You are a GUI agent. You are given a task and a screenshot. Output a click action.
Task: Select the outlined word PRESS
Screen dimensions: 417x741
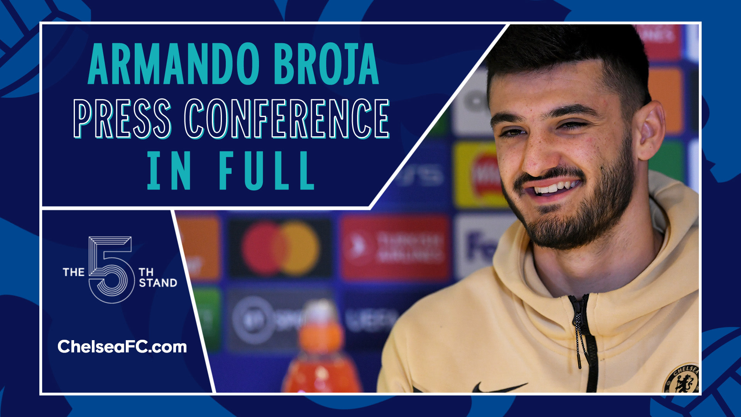[x=122, y=119]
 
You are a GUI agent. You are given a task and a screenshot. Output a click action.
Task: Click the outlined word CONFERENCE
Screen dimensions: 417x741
[x=287, y=119]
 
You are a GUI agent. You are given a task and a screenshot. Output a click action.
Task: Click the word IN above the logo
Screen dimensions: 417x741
[x=169, y=170]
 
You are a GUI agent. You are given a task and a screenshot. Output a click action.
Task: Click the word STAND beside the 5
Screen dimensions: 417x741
[x=158, y=283]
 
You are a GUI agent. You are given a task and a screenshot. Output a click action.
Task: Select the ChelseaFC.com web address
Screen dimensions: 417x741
[x=122, y=347]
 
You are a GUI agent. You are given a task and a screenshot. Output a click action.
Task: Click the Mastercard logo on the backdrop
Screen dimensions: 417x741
[x=281, y=248]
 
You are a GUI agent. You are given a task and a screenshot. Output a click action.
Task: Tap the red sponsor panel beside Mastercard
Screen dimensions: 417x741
[x=396, y=247]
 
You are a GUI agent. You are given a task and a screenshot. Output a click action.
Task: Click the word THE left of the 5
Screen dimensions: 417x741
[x=73, y=272]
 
